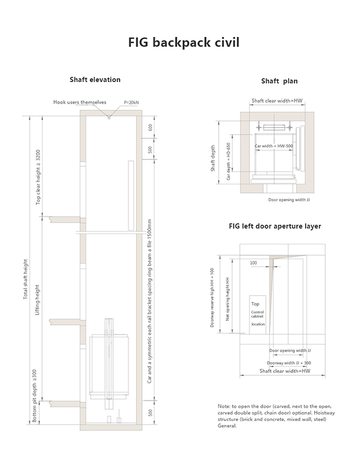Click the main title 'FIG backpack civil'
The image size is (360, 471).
click(x=183, y=42)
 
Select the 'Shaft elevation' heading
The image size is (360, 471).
click(x=95, y=79)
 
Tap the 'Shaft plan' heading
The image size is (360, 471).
click(x=279, y=81)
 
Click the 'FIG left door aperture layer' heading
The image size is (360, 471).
click(x=275, y=226)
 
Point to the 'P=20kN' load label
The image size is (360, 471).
click(x=131, y=102)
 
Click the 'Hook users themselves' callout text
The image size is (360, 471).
click(x=80, y=102)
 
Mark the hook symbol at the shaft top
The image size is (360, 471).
click(x=109, y=117)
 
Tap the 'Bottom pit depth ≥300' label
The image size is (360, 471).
click(x=34, y=396)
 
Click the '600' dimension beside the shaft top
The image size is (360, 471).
click(x=150, y=128)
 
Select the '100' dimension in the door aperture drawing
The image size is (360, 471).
click(x=253, y=263)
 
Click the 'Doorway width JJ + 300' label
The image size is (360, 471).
click(x=289, y=363)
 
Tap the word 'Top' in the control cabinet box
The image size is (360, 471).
click(x=255, y=304)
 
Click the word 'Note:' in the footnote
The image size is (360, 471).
click(x=224, y=406)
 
